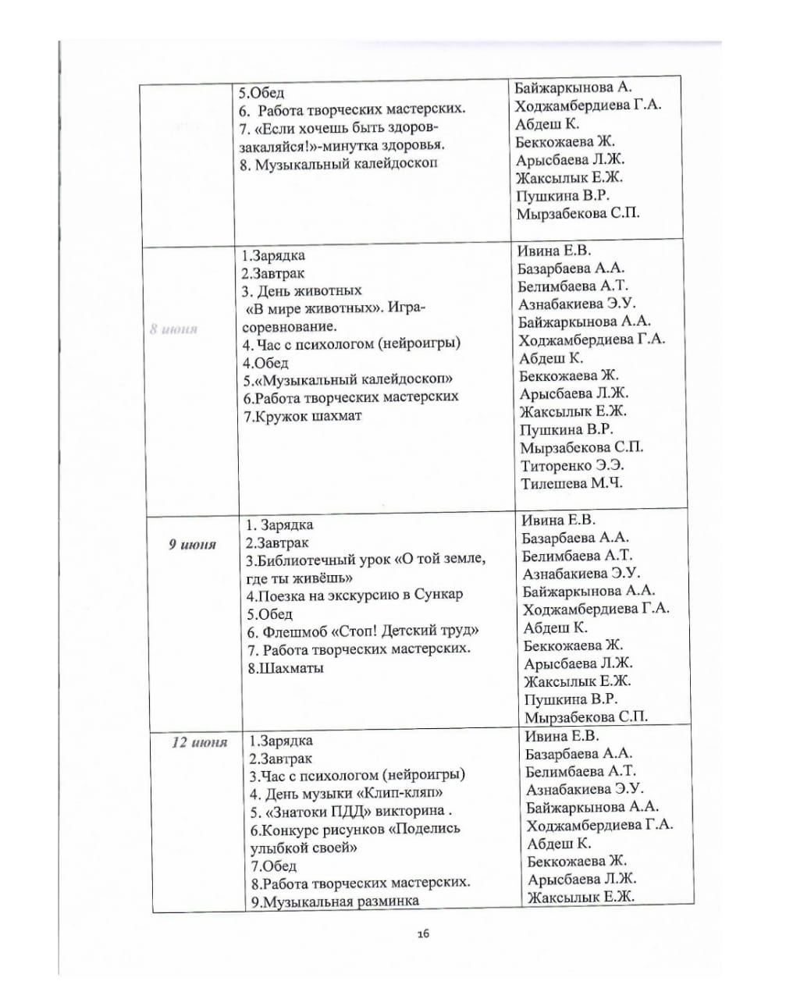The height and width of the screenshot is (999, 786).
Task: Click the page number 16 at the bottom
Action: tap(424, 933)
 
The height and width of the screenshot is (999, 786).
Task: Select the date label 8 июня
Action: tap(173, 329)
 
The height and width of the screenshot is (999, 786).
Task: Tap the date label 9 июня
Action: tap(192, 544)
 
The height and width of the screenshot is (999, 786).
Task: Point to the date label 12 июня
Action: tap(199, 741)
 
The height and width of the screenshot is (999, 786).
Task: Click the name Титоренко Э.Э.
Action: tap(572, 465)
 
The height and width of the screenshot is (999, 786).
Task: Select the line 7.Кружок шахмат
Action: tap(302, 415)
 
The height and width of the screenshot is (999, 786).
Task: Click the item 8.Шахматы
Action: tap(285, 668)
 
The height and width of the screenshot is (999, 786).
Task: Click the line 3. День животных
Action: tap(301, 291)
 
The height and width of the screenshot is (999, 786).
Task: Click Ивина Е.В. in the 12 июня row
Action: tap(561, 736)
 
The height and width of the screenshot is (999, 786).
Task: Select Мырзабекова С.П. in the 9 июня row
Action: tap(585, 716)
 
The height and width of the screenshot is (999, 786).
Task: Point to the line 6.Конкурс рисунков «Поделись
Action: tap(355, 829)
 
